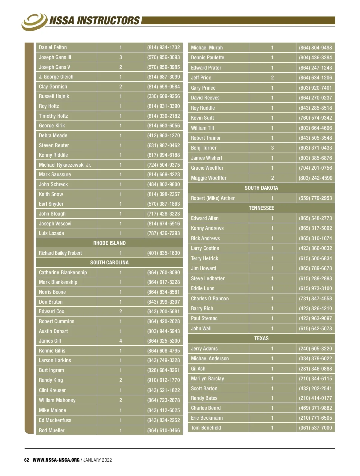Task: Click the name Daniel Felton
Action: pos(53,47)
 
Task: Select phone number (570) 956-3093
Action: pos(163,57)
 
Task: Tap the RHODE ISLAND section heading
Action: pos(109,243)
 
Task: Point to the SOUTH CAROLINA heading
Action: pos(109,263)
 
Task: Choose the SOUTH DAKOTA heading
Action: pos(261,188)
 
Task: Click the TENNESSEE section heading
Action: pos(261,208)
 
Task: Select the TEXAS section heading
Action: pos(261,338)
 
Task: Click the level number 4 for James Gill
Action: pos(121,341)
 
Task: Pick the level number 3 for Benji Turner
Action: pos(272,148)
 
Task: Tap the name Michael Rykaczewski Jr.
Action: pos(65,165)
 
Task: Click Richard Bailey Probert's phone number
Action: pos(163,253)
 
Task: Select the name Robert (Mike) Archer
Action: pos(213,198)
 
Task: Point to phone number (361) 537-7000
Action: pos(315,428)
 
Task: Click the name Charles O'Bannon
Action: pos(210,299)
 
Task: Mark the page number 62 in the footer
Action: pos(27,460)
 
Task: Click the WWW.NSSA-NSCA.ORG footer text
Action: pos(56,460)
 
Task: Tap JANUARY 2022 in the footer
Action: pos(97,460)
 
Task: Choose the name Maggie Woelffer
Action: pos(208,178)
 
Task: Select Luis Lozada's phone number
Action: pos(163,233)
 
